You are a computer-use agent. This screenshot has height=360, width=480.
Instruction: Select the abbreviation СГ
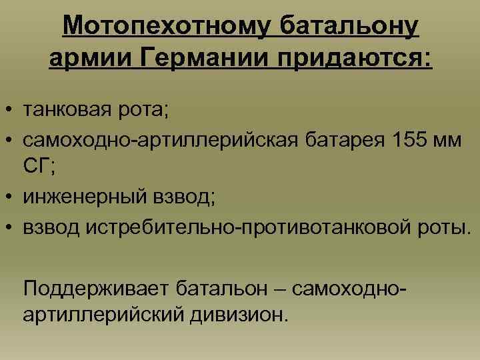coord(39,167)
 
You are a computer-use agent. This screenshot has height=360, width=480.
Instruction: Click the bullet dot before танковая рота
coord(11,109)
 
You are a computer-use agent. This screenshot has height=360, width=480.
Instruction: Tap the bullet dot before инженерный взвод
coord(11,198)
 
